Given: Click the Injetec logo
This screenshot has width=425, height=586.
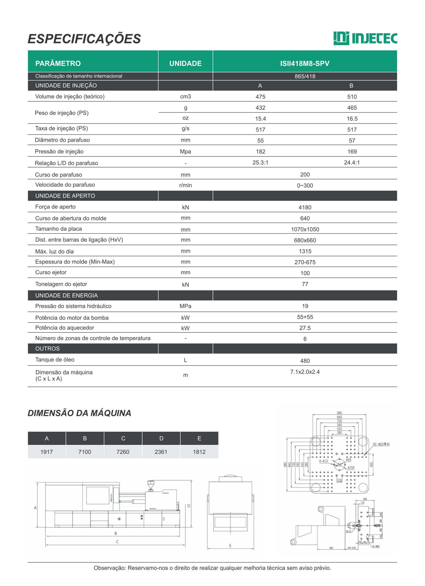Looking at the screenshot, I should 365,38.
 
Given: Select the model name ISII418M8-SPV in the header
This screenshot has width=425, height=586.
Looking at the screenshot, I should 304,64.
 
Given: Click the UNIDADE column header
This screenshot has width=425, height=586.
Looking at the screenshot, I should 185,64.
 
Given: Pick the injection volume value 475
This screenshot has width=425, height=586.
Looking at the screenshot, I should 260,97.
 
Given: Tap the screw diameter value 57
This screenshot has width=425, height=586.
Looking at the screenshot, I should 352,141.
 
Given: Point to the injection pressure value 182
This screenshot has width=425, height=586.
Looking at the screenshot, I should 260,152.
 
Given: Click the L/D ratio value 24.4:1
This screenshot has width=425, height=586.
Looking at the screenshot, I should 352,163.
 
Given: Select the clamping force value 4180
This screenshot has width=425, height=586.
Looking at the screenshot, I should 305,207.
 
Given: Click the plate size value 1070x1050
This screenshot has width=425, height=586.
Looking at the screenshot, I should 305,229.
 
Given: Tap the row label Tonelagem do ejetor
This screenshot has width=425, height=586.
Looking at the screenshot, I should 61,284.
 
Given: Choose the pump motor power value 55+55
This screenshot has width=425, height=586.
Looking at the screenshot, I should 305,317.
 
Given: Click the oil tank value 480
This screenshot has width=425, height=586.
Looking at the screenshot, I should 305,361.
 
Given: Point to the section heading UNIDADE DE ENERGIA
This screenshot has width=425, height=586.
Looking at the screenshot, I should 66,296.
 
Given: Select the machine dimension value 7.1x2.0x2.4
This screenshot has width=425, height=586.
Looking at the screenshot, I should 305,372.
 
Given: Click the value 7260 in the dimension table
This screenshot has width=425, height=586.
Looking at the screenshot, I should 123,452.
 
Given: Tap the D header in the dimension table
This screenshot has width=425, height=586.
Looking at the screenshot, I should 161,438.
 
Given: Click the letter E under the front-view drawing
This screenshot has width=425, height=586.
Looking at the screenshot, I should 230,546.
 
